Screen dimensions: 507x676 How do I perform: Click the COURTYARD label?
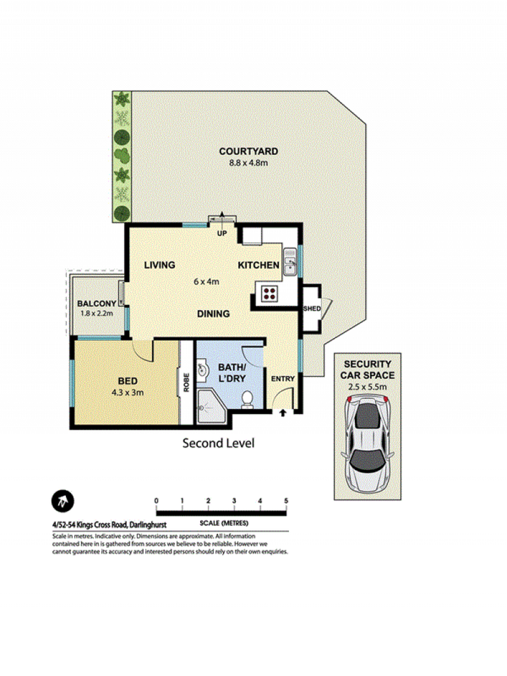(x=249, y=151)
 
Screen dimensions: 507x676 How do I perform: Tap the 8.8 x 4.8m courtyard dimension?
(x=249, y=163)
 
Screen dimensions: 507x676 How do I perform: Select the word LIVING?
(x=160, y=265)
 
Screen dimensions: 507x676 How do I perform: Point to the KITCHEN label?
(x=258, y=265)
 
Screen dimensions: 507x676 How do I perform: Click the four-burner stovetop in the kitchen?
(x=270, y=293)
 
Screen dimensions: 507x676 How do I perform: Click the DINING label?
(x=213, y=314)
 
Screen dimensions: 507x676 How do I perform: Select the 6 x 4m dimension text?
(x=206, y=282)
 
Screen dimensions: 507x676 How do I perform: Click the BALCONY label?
(x=96, y=303)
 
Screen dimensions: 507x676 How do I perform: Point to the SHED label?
(x=312, y=309)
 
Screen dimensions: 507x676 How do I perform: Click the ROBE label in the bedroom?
(x=186, y=383)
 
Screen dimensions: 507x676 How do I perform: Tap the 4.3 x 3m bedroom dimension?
(x=127, y=392)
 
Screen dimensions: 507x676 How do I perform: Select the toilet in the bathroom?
(x=247, y=400)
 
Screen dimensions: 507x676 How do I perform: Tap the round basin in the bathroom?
(x=202, y=370)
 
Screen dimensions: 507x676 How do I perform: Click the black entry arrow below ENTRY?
(x=283, y=413)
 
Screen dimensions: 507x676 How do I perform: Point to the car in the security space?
(x=367, y=444)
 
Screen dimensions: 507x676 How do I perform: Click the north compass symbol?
(x=63, y=501)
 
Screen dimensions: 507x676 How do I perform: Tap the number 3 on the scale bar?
(x=234, y=501)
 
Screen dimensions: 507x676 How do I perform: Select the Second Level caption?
(x=219, y=443)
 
